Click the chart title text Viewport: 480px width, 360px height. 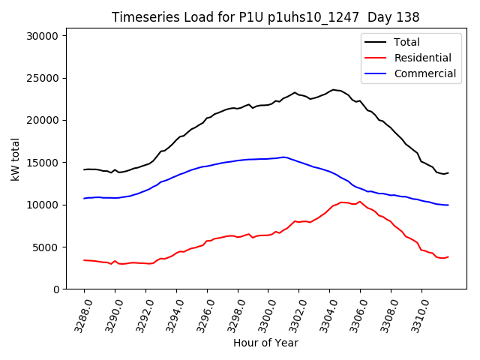[x=265, y=17]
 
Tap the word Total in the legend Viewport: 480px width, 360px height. [x=407, y=42]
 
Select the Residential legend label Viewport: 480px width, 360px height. [x=423, y=58]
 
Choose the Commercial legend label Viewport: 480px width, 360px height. [x=424, y=73]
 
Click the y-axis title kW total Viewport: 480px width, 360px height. [x=15, y=162]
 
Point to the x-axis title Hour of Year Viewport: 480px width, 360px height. [x=265, y=343]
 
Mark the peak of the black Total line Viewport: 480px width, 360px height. [x=333, y=89]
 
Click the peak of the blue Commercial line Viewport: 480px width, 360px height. [x=284, y=157]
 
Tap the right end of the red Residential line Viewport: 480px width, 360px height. [x=448, y=256]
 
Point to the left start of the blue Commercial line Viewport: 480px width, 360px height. [x=84, y=198]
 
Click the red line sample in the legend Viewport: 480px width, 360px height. [x=376, y=58]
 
